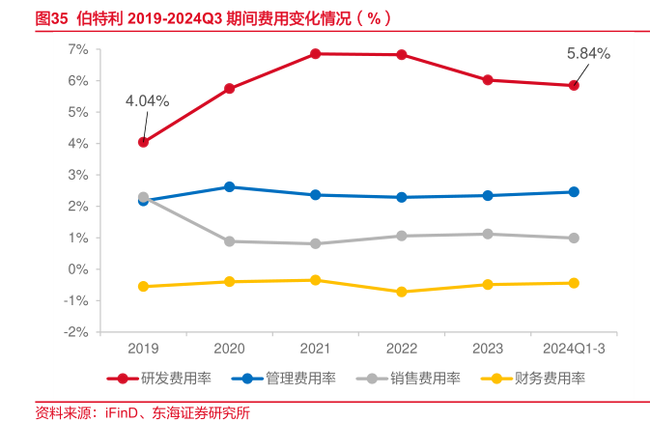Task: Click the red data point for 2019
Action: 144,142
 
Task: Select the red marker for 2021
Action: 316,54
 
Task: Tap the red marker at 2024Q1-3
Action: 574,86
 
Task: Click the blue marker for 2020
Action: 230,186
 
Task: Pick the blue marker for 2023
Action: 488,195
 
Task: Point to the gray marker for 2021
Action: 316,243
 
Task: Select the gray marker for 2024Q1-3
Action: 574,238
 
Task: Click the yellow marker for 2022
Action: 402,292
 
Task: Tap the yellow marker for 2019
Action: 144,286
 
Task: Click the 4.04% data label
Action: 147,100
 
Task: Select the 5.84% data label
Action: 588,54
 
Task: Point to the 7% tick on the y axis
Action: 78,49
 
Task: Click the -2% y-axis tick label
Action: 75,332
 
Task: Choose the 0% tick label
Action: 78,269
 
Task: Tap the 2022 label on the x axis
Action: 402,348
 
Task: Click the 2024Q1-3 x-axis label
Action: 574,348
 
